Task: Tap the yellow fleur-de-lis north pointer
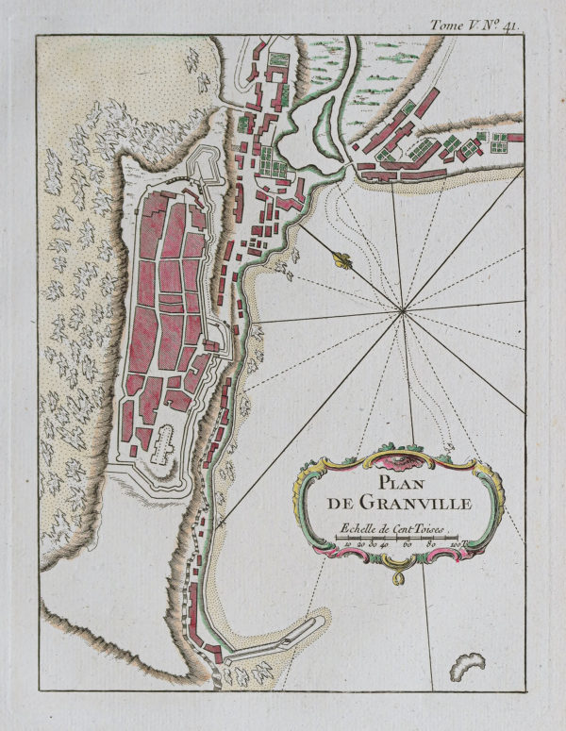tap(341, 258)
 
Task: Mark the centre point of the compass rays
tap(403, 308)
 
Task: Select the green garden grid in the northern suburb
tap(270, 157)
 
